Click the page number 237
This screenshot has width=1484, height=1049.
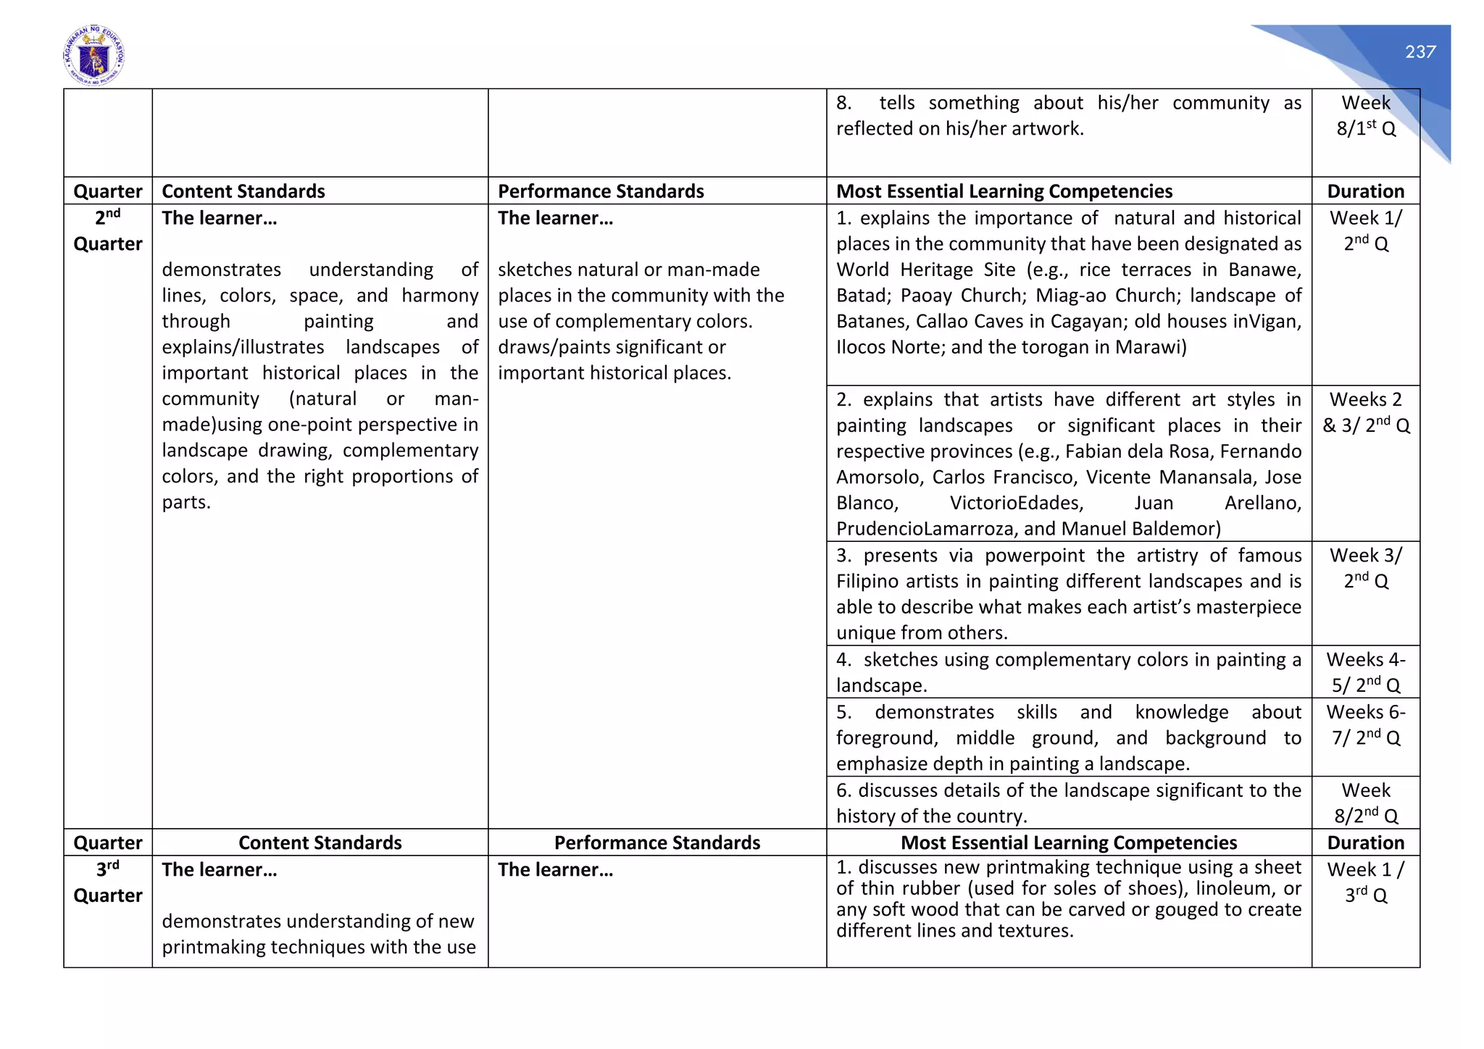click(x=1420, y=52)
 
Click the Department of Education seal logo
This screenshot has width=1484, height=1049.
click(x=94, y=56)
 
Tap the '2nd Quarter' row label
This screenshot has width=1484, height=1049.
click(x=108, y=230)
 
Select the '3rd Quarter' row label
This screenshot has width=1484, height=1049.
click(x=108, y=882)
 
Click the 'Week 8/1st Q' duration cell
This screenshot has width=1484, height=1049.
click(x=1365, y=116)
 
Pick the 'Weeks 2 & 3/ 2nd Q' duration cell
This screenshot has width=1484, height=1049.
click(x=1365, y=412)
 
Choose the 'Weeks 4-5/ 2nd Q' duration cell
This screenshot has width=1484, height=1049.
click(x=1365, y=672)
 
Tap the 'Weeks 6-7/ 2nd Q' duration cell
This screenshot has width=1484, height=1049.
click(x=1365, y=724)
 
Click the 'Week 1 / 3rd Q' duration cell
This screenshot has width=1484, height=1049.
click(x=1365, y=882)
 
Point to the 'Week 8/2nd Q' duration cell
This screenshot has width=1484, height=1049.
click(x=1365, y=803)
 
